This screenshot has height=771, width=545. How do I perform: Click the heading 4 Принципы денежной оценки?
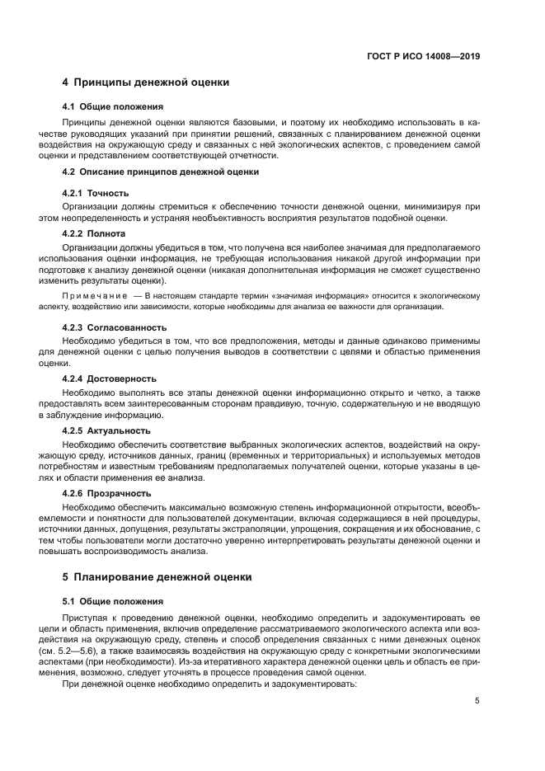(x=146, y=82)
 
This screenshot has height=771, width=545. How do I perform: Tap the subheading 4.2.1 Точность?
(x=96, y=193)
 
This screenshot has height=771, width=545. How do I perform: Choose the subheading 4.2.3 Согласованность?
(x=109, y=327)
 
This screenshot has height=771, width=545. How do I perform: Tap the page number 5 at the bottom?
(x=477, y=701)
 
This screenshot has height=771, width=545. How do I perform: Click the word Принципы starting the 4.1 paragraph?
(x=86, y=122)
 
